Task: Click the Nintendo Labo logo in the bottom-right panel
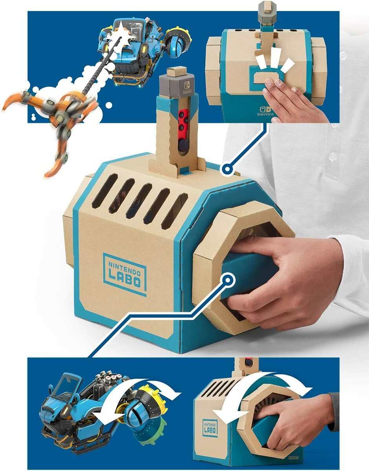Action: [x=210, y=427]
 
